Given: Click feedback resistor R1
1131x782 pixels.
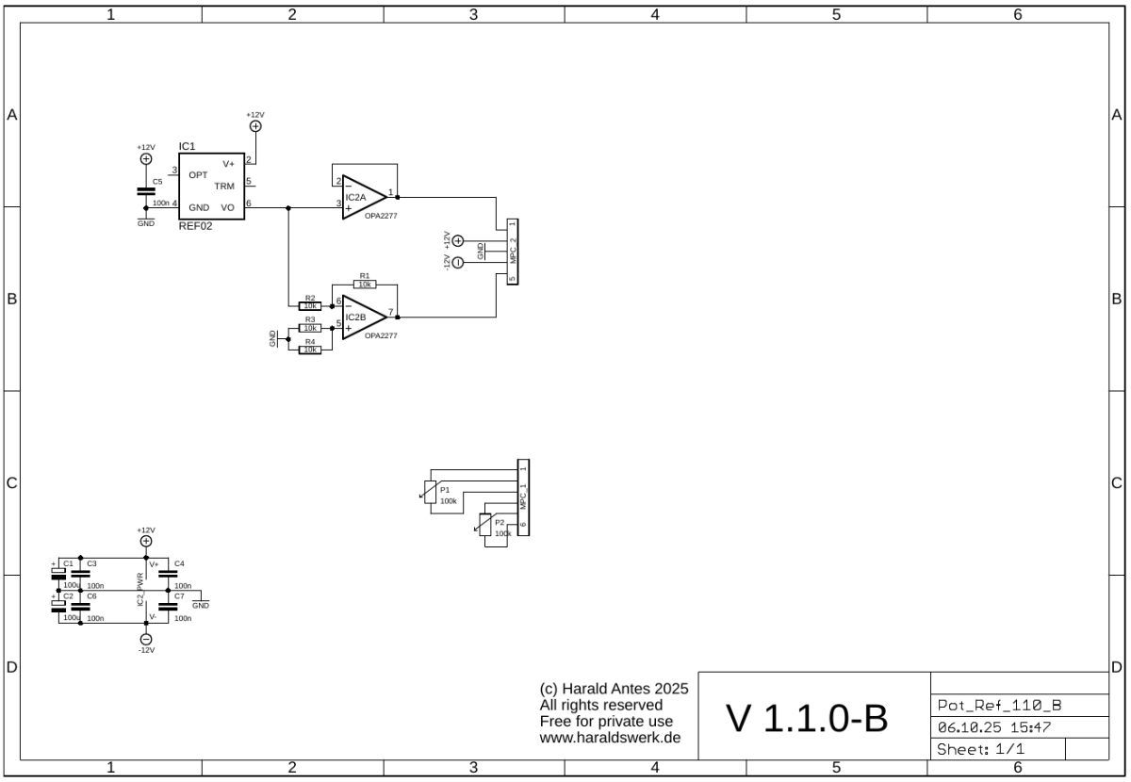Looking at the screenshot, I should pos(365,284).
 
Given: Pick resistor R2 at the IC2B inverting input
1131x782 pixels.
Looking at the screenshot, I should pos(309,305).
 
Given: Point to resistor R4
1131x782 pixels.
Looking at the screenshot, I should pos(309,350).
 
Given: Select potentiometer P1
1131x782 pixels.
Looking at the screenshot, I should pos(430,492).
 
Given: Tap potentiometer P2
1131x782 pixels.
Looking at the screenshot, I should pos(486,524).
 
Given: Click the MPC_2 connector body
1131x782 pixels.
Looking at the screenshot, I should pos(512,251).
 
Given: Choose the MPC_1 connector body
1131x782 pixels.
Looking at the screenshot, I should pos(523,497).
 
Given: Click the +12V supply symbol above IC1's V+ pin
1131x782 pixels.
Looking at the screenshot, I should pos(254,125).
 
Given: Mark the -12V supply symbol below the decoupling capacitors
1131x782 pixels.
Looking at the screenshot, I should pos(145,638).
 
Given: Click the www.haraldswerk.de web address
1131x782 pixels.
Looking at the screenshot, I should pos(610,738).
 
